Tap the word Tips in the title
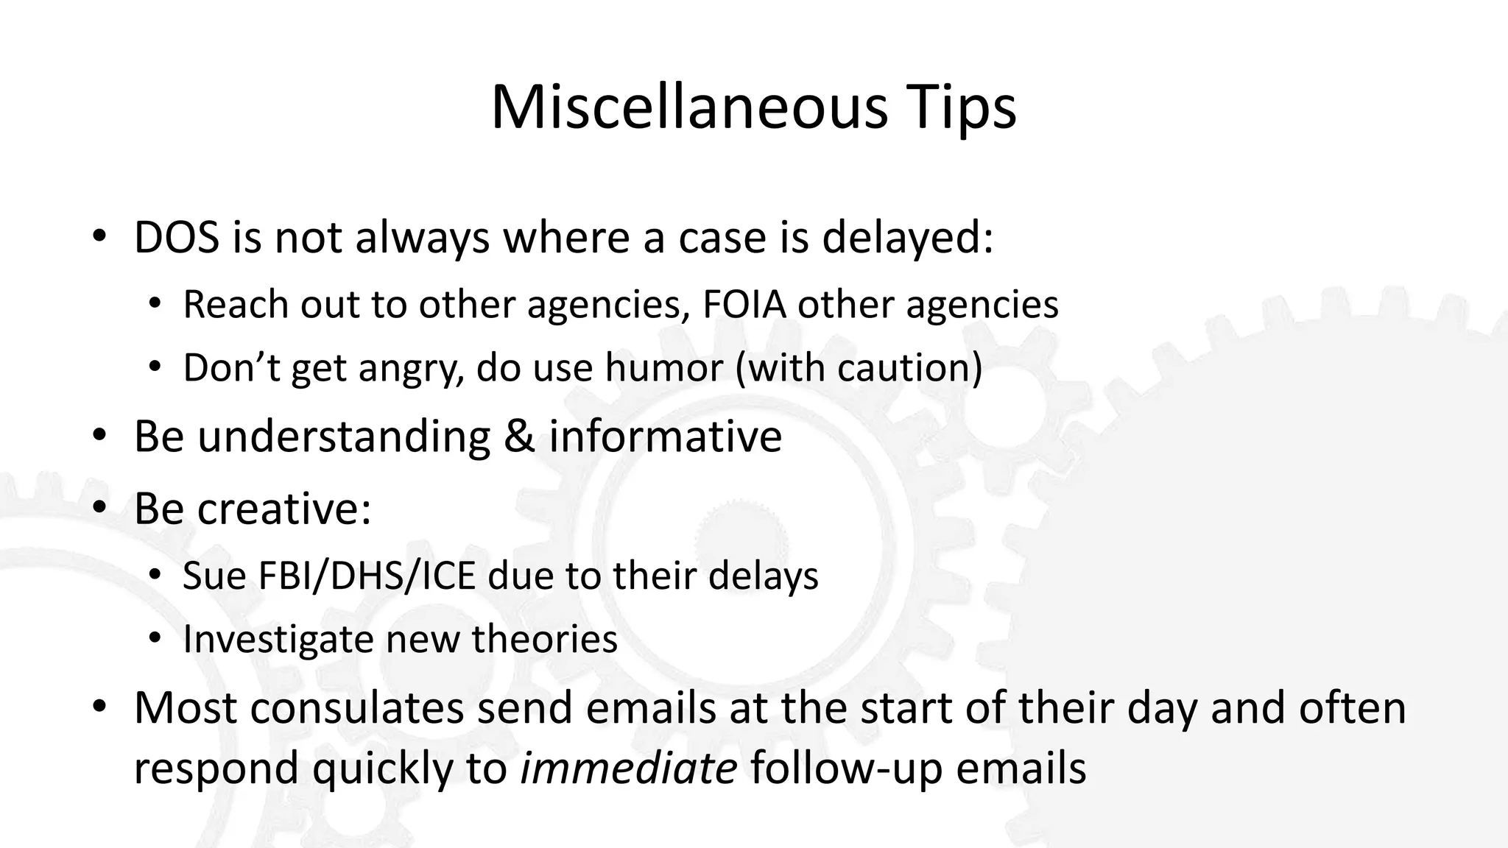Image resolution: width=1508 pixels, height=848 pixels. [x=960, y=107]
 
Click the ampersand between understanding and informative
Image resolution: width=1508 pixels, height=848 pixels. [x=518, y=436]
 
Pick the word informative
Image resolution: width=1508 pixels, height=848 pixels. [x=665, y=436]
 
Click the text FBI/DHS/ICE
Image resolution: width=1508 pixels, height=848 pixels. [x=366, y=575]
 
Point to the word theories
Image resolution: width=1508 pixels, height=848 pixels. [x=544, y=638]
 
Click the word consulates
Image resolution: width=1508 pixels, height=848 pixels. [x=356, y=707]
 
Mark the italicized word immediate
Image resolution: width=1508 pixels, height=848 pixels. [x=628, y=768]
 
